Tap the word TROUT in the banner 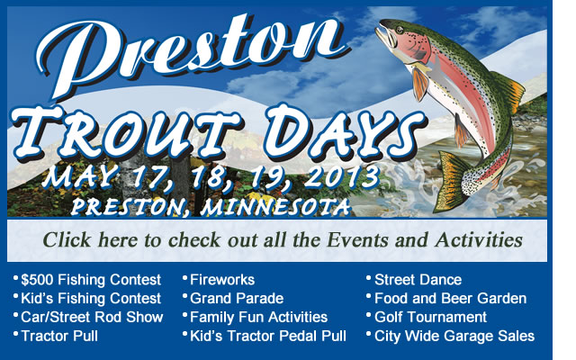(x=127, y=133)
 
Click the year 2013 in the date (x=342, y=176)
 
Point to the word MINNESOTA (x=275, y=207)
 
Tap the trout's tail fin (x=451, y=182)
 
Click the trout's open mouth (x=384, y=36)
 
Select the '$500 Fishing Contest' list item (x=91, y=280)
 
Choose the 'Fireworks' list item (x=222, y=280)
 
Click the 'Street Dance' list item (x=418, y=280)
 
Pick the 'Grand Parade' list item (x=237, y=299)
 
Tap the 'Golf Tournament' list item (x=430, y=318)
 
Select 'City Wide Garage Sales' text (x=454, y=336)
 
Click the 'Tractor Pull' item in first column (x=59, y=336)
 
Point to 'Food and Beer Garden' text (x=450, y=299)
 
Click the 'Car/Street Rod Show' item (x=92, y=318)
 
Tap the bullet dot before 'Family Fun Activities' (x=185, y=315)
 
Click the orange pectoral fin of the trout (x=420, y=84)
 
